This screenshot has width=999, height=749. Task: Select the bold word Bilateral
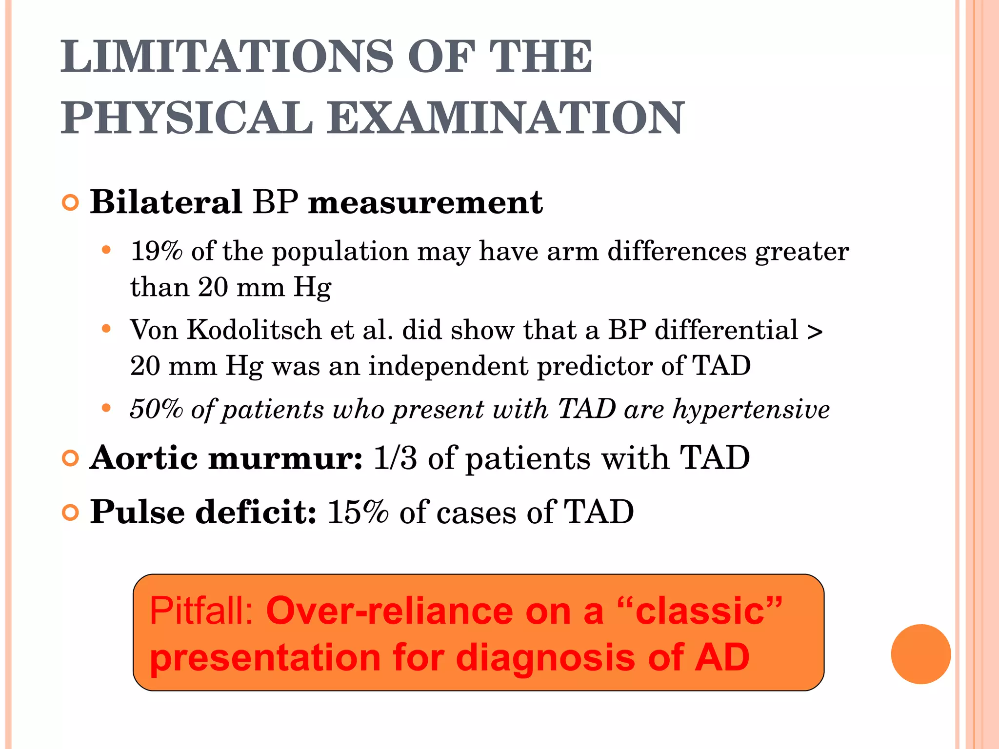click(166, 202)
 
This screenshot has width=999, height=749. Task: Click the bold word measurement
click(425, 202)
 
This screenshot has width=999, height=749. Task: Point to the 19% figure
click(156, 251)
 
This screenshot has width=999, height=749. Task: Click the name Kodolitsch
click(254, 330)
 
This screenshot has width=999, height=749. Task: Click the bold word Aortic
click(144, 458)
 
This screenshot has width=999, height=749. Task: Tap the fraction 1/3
click(395, 458)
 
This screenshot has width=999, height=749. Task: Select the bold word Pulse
click(138, 512)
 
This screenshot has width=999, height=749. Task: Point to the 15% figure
click(358, 512)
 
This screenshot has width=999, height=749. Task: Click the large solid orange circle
click(920, 654)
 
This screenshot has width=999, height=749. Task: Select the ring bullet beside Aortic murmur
click(71, 459)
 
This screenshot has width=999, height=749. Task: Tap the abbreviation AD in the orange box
click(722, 657)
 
